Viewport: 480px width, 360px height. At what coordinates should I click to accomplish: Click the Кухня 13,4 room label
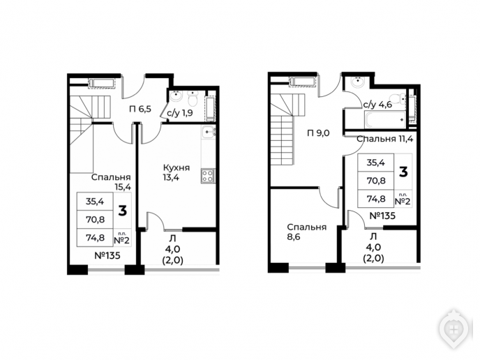(177, 172)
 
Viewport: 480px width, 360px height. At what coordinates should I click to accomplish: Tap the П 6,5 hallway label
(140, 109)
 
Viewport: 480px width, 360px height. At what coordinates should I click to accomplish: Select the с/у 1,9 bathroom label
(180, 113)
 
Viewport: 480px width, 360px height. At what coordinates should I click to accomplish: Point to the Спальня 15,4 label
(111, 182)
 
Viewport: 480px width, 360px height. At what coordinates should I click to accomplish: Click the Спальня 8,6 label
(307, 232)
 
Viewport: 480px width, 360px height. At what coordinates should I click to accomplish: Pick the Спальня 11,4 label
(385, 139)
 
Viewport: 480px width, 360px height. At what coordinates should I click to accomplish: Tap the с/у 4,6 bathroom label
(377, 105)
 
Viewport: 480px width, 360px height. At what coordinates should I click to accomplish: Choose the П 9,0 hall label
(318, 133)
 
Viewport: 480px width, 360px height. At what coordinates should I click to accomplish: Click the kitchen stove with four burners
(208, 176)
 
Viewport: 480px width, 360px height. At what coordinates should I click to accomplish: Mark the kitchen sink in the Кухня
(209, 132)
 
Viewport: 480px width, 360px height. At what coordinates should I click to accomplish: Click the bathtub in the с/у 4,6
(385, 120)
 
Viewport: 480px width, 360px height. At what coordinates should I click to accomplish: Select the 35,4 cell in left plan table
(95, 202)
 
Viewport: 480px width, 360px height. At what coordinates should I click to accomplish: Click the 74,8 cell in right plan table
(376, 199)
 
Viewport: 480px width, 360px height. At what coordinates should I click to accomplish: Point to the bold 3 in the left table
(123, 211)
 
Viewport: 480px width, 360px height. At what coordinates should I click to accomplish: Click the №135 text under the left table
(107, 255)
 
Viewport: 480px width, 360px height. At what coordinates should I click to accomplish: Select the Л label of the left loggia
(172, 238)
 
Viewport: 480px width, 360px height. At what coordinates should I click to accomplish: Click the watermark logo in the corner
(453, 329)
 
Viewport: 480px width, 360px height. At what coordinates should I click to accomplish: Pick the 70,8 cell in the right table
(376, 181)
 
